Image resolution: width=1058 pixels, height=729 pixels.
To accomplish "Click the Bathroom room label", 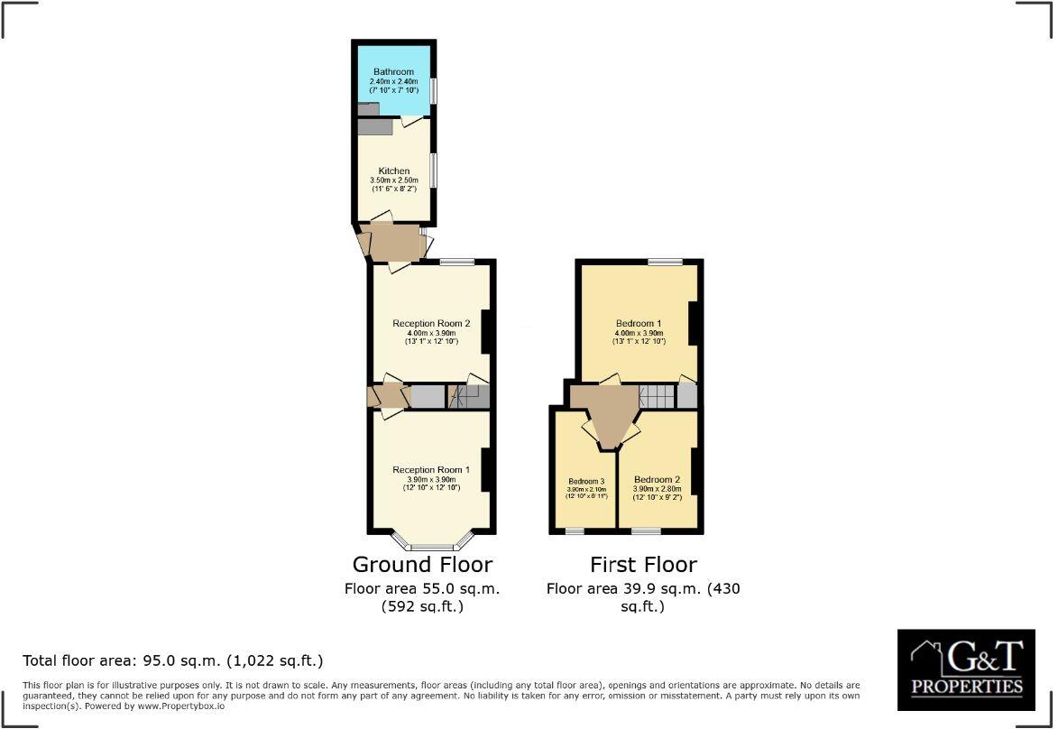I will coord(393,72).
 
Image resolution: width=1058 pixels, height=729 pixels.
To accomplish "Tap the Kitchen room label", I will coord(394,171).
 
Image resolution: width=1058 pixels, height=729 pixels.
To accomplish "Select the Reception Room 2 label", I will coord(431,324).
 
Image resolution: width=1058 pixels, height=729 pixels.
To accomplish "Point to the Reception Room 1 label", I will coord(431,470).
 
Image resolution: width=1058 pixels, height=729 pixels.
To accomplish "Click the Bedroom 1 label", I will coord(639,324).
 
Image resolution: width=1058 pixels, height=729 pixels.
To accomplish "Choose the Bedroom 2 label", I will coord(657,479).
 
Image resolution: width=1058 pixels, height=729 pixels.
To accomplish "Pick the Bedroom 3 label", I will coord(586,481).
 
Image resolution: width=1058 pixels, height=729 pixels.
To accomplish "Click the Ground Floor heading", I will coord(422,565).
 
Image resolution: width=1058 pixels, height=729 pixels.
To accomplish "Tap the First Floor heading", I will coord(643,565).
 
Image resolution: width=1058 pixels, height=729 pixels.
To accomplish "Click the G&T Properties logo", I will coord(966,669).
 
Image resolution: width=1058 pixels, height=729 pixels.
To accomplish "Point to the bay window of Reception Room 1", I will coord(432,547).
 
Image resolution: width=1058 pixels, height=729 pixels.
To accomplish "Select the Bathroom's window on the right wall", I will coord(434,91).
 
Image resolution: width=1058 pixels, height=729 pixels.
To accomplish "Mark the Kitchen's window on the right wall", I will coord(434,170).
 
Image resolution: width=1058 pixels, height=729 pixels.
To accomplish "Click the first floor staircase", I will coord(657,396).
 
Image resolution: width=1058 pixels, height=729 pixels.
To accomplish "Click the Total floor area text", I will coord(172,660).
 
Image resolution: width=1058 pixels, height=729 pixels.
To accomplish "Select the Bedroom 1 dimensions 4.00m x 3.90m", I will coord(639,333).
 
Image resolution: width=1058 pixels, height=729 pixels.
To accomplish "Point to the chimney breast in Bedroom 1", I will coord(695,323).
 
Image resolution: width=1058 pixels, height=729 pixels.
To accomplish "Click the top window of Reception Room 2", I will coord(457,262).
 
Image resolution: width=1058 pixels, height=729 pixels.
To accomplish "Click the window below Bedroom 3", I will coord(574,531).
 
